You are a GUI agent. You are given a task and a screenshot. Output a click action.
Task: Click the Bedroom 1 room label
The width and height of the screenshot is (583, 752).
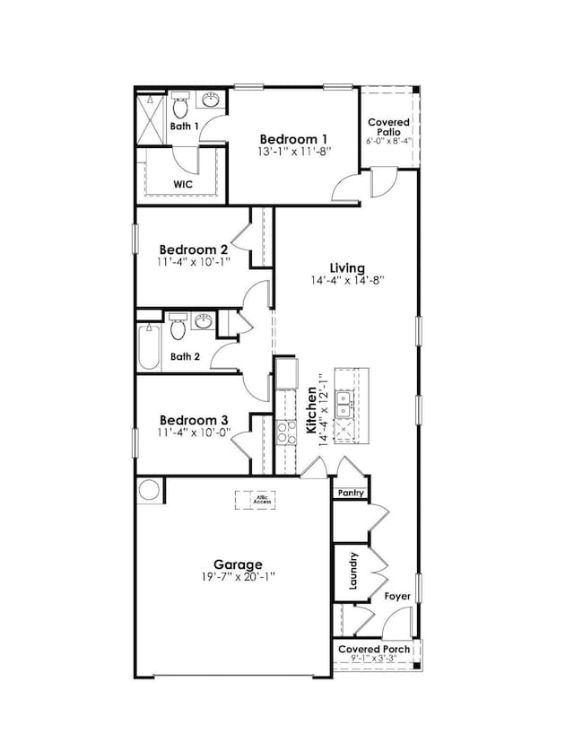293,139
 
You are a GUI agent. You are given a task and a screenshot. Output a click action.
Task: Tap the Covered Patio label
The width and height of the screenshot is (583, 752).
389,127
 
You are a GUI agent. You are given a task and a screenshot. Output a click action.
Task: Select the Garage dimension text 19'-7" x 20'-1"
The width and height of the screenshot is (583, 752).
231,579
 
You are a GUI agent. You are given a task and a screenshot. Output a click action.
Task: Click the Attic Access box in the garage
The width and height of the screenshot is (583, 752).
261,499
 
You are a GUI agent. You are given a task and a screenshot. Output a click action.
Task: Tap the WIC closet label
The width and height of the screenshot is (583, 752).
183,184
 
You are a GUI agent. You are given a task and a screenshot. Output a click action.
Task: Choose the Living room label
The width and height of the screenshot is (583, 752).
347,267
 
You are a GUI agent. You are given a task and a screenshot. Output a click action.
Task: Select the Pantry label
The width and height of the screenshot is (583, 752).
349,493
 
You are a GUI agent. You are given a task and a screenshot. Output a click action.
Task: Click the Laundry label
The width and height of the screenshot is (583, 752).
352,571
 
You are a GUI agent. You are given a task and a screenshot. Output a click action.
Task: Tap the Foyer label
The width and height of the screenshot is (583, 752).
397,595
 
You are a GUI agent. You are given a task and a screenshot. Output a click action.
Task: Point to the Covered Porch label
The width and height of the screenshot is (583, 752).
374,649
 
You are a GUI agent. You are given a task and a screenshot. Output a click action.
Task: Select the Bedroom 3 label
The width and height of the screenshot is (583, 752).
194,419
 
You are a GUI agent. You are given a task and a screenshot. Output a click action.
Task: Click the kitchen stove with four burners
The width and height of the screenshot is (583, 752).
286,433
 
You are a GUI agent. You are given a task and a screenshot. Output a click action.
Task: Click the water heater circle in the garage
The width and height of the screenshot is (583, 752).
149,492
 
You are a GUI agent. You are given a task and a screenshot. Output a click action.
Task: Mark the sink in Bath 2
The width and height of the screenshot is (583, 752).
204,320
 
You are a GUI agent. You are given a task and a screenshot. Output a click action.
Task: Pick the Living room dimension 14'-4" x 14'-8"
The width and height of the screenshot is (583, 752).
347,280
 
